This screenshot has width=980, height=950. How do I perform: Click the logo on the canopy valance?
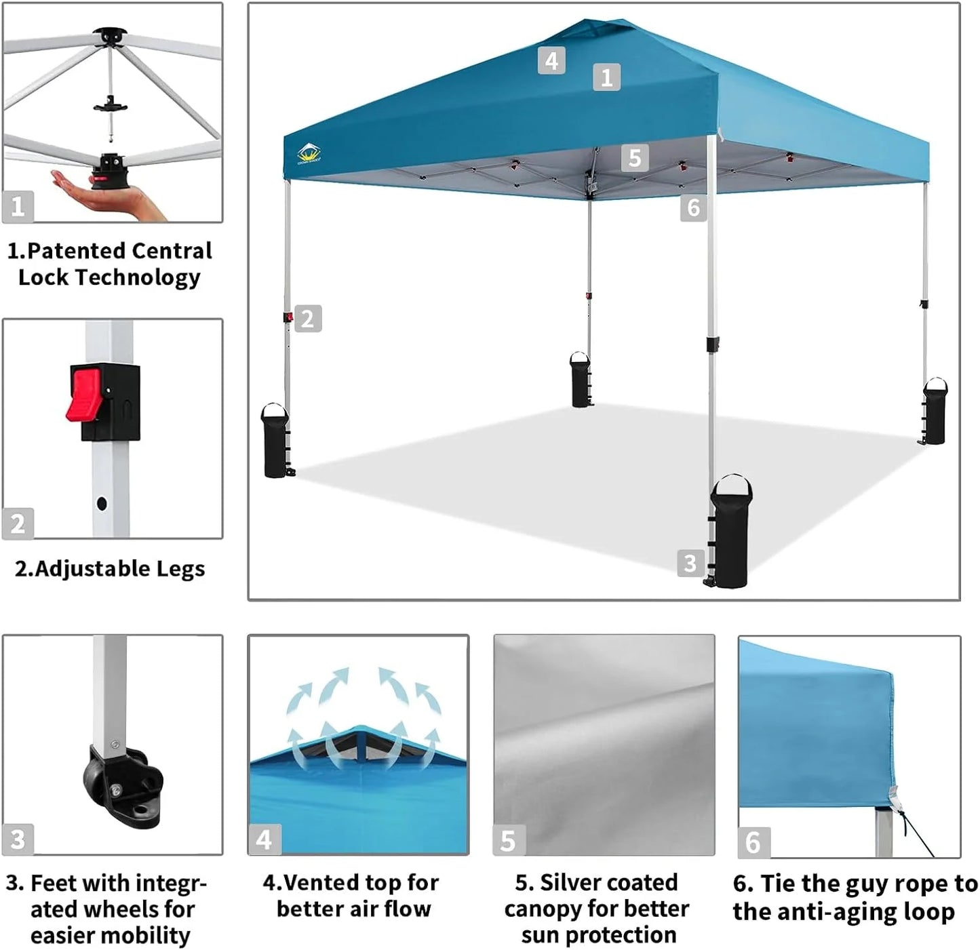click(x=309, y=154)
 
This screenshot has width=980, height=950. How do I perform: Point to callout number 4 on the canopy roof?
click(x=551, y=61)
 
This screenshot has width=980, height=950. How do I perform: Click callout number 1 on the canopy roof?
click(x=606, y=77)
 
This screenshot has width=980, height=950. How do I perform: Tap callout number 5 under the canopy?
click(x=634, y=158)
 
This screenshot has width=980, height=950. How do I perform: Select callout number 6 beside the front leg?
click(x=693, y=207)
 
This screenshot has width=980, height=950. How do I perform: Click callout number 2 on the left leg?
click(x=307, y=319)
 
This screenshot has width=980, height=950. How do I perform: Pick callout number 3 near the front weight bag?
click(x=690, y=563)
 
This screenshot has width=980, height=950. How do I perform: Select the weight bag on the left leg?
click(x=275, y=441)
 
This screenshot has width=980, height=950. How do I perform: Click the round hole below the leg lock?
click(x=102, y=504)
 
